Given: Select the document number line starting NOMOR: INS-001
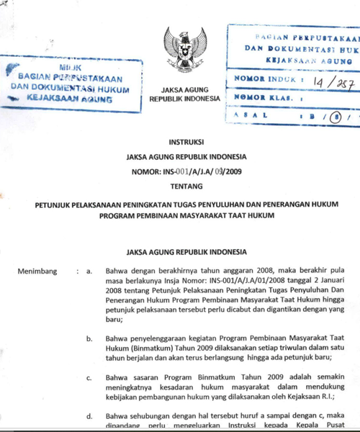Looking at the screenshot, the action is (186, 171).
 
